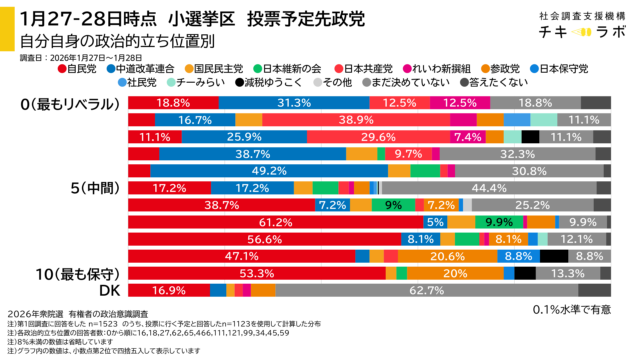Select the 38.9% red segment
348,120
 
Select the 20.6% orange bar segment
441,256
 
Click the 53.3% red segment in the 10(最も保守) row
257,273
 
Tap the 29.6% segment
378,137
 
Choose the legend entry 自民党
80,69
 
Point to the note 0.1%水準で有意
573,309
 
